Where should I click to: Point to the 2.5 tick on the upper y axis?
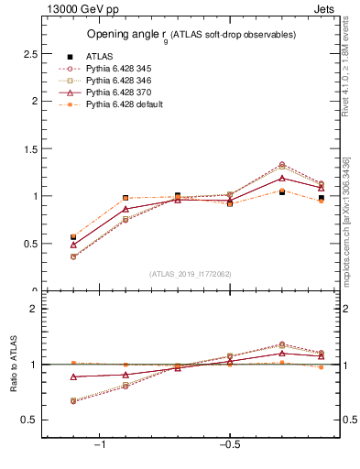29,54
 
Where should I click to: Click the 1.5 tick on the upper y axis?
29,148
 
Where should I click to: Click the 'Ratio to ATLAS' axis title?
13,365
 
